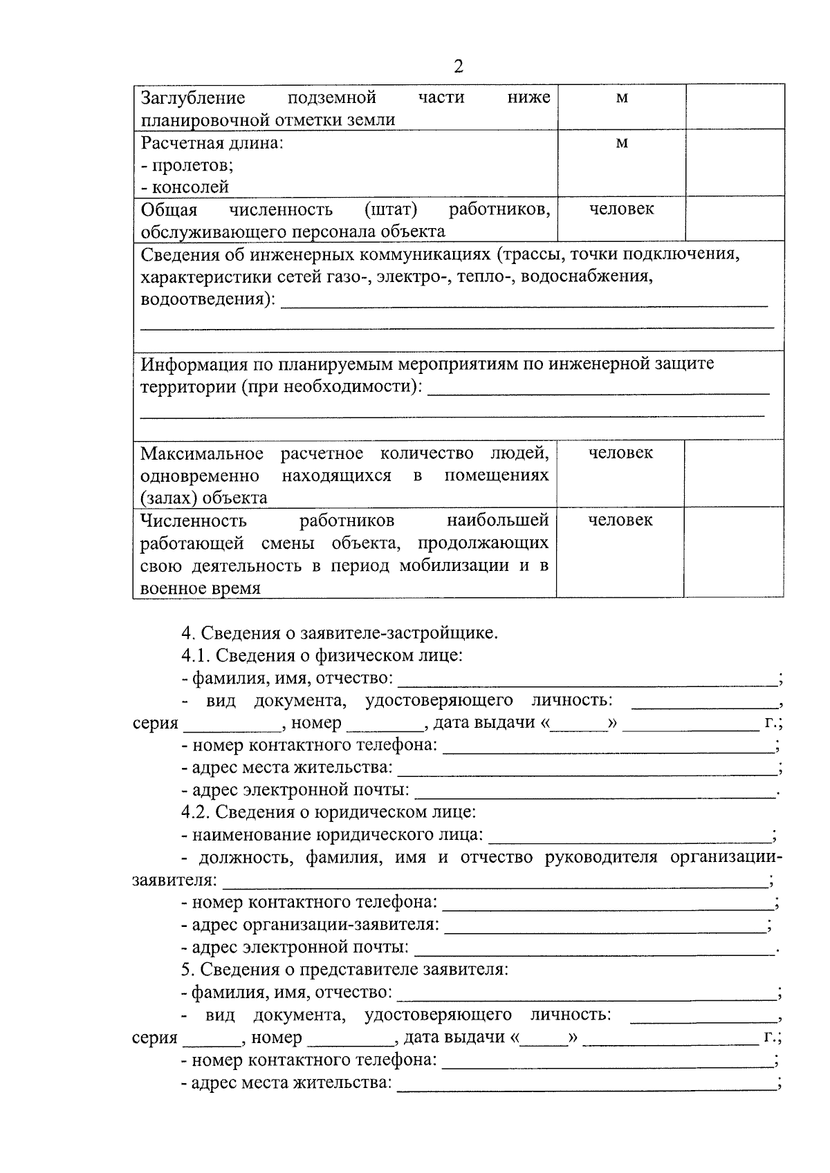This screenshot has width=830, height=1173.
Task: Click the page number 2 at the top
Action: (x=458, y=67)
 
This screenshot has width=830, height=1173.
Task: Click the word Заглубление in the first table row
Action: (x=193, y=97)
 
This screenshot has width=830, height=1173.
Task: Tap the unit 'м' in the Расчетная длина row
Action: (x=622, y=143)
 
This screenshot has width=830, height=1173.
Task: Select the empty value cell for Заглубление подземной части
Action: (x=735, y=106)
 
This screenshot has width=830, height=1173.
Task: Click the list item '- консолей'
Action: (x=185, y=187)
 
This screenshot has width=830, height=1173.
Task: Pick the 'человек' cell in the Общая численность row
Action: (x=621, y=209)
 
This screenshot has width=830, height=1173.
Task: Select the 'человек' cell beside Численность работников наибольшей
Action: (x=620, y=520)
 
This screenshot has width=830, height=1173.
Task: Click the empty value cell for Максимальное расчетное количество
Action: (x=733, y=473)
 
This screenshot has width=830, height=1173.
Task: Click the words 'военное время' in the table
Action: (x=201, y=588)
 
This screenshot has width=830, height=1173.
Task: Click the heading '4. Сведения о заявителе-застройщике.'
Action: (x=339, y=632)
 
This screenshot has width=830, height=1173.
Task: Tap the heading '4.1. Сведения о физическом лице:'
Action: (x=322, y=655)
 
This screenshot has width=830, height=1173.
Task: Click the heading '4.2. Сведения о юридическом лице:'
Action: (x=329, y=811)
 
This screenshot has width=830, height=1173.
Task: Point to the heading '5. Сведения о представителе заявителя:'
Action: (x=344, y=969)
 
